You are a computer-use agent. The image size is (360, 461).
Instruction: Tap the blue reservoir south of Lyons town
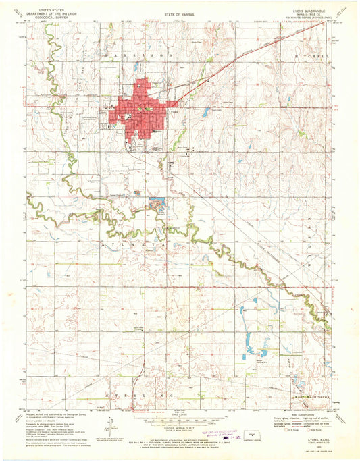(x=157, y=203)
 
